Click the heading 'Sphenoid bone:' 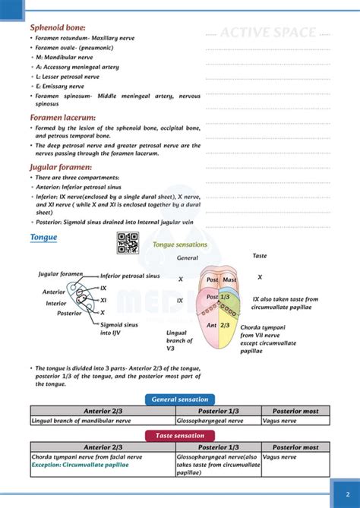[57, 27]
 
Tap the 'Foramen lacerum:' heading [62, 118]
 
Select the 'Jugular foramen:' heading [61, 166]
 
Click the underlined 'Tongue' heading [43, 237]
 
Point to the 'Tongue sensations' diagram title [180, 245]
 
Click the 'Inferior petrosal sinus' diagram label [130, 276]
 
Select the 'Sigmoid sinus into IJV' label [117, 327]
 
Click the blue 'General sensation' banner [180, 399]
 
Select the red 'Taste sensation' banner [180, 436]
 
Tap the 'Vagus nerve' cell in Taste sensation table [279, 457]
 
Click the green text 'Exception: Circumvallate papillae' [80, 465]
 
